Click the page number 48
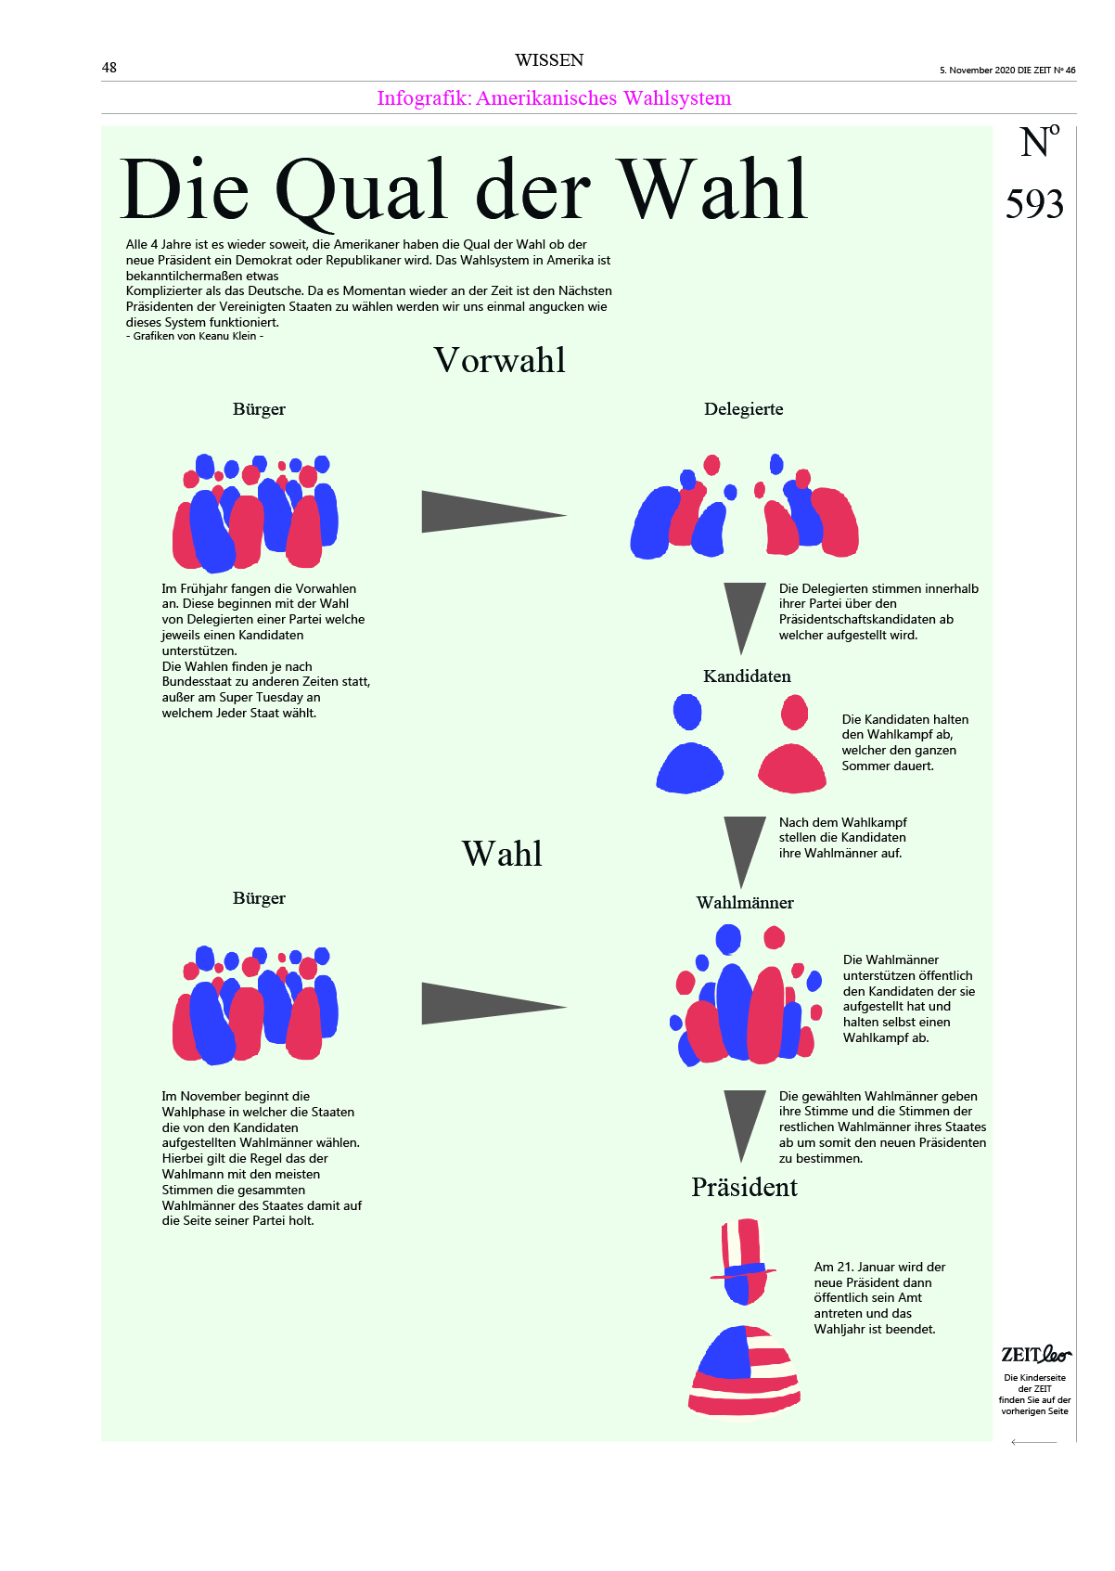tap(109, 68)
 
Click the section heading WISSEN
tap(549, 60)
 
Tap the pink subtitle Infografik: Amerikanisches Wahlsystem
tap(554, 98)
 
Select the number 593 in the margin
tap(1034, 204)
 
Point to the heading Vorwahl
tap(499, 360)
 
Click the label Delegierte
tap(743, 409)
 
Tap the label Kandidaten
tap(747, 676)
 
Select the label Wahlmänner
tap(745, 903)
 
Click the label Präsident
tap(744, 1188)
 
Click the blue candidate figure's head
tap(687, 713)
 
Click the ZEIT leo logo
tap(1035, 1355)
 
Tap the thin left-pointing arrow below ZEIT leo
tap(1033, 1442)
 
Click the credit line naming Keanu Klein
tap(195, 336)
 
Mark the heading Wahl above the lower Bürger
tap(502, 854)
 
